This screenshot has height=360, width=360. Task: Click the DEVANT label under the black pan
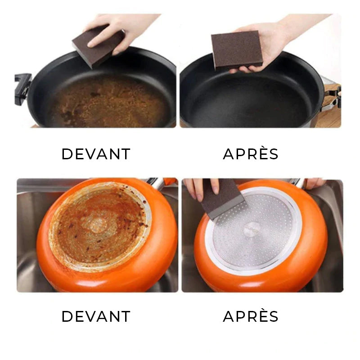96,154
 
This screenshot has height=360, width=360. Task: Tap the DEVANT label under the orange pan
96,316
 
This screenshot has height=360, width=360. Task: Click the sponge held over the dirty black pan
98,46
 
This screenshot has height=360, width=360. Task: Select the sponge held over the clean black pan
237,50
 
